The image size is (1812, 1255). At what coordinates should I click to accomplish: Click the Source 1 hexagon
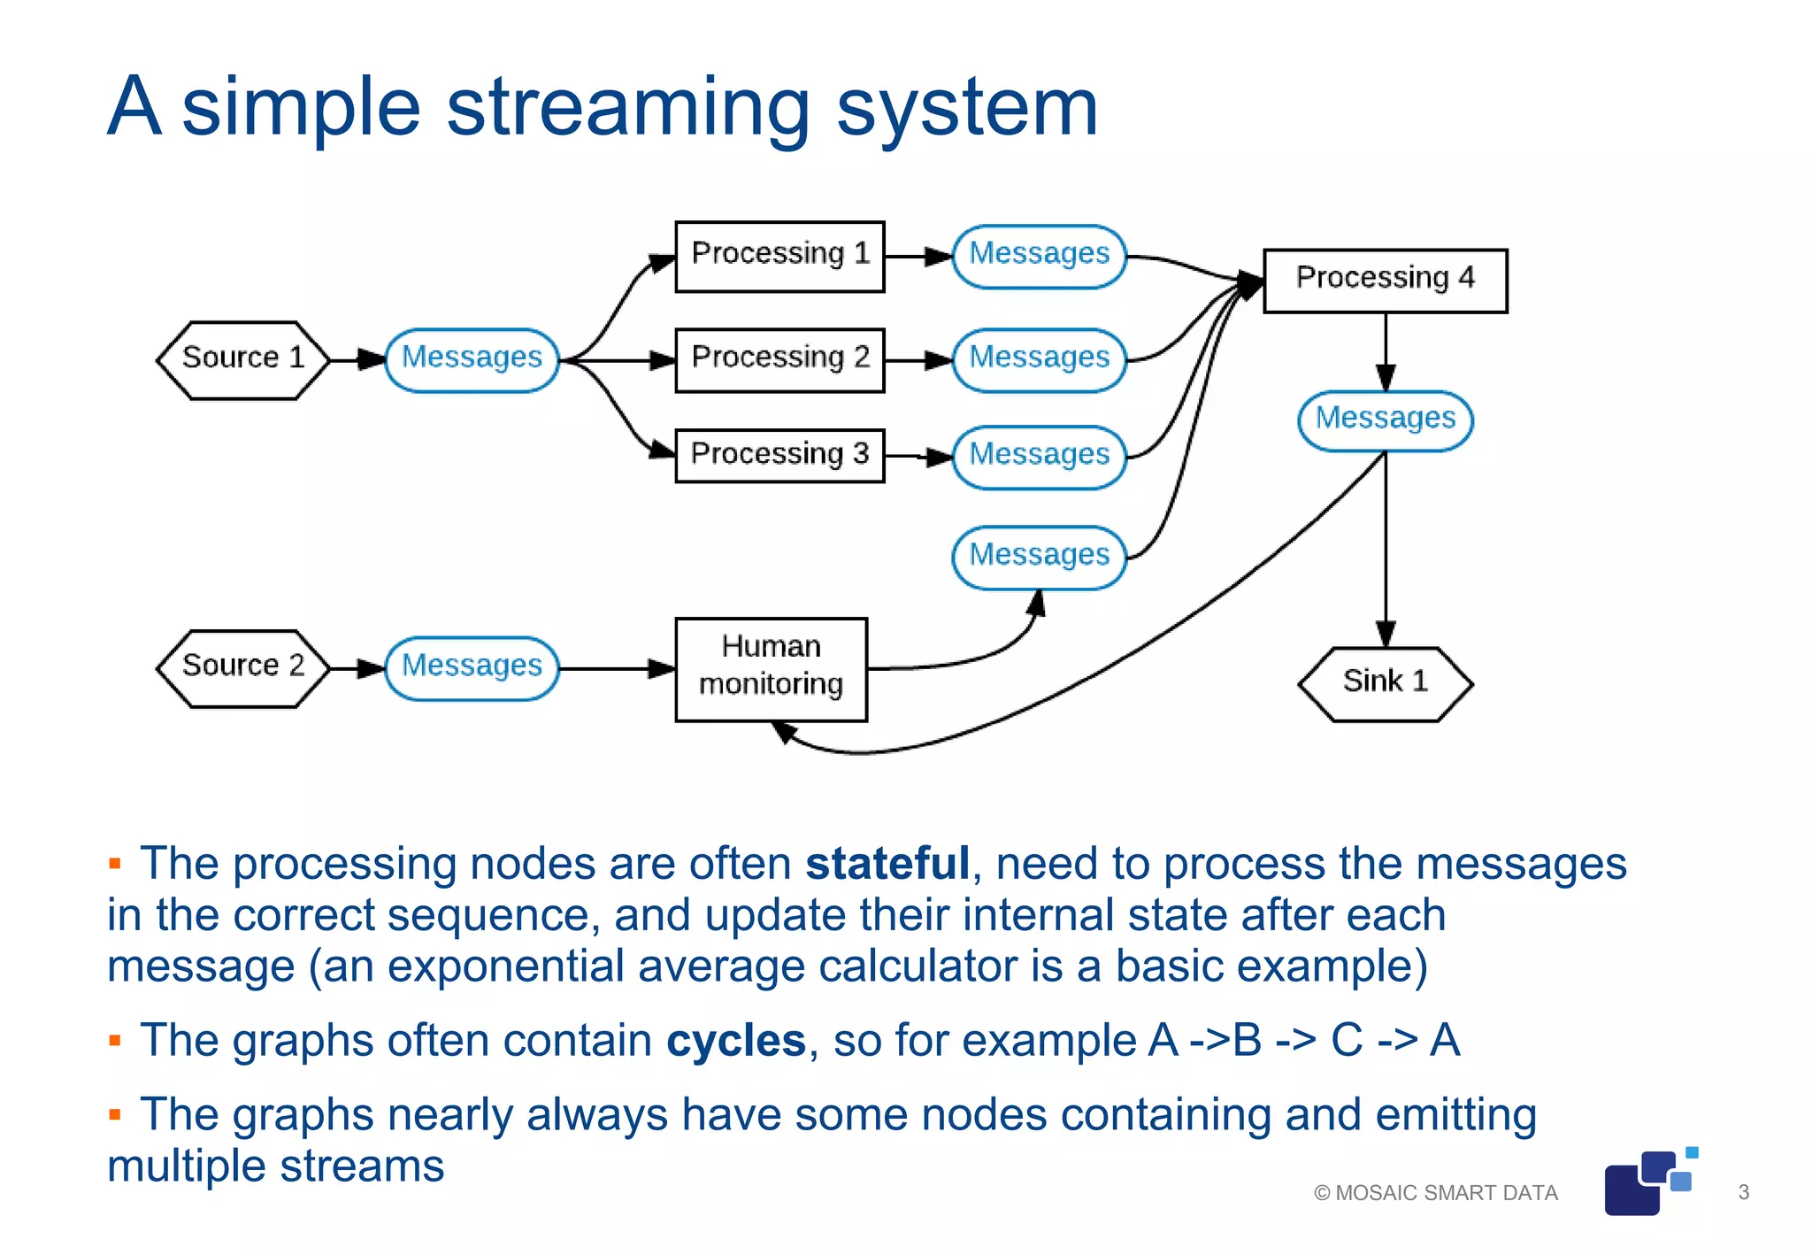point(243,359)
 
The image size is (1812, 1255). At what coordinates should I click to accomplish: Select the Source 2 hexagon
point(243,668)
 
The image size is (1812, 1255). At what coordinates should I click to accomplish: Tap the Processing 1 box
point(779,256)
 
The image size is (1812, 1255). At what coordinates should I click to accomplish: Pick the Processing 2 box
point(779,359)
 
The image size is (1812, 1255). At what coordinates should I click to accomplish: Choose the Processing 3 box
point(779,456)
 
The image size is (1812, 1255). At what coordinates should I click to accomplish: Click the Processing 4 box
point(1385,281)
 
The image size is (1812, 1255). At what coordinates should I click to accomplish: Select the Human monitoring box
point(771,669)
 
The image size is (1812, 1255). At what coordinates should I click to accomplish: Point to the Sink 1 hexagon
point(1385,684)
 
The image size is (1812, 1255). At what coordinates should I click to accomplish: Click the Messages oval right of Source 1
point(472,359)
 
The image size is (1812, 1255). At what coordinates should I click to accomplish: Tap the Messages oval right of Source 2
point(472,668)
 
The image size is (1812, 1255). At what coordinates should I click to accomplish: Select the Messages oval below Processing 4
point(1385,420)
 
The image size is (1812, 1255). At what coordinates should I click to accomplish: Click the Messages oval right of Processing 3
point(1039,457)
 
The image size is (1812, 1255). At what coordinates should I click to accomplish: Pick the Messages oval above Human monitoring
point(1039,557)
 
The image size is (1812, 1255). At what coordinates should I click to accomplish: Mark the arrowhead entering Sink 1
point(1386,635)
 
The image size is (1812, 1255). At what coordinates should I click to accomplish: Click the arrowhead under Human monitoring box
point(783,731)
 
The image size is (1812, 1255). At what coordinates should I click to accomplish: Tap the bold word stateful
point(887,864)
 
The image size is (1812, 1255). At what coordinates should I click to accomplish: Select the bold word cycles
point(735,1041)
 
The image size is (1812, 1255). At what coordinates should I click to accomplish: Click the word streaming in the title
point(628,108)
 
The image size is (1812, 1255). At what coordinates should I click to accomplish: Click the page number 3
point(1743,1192)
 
